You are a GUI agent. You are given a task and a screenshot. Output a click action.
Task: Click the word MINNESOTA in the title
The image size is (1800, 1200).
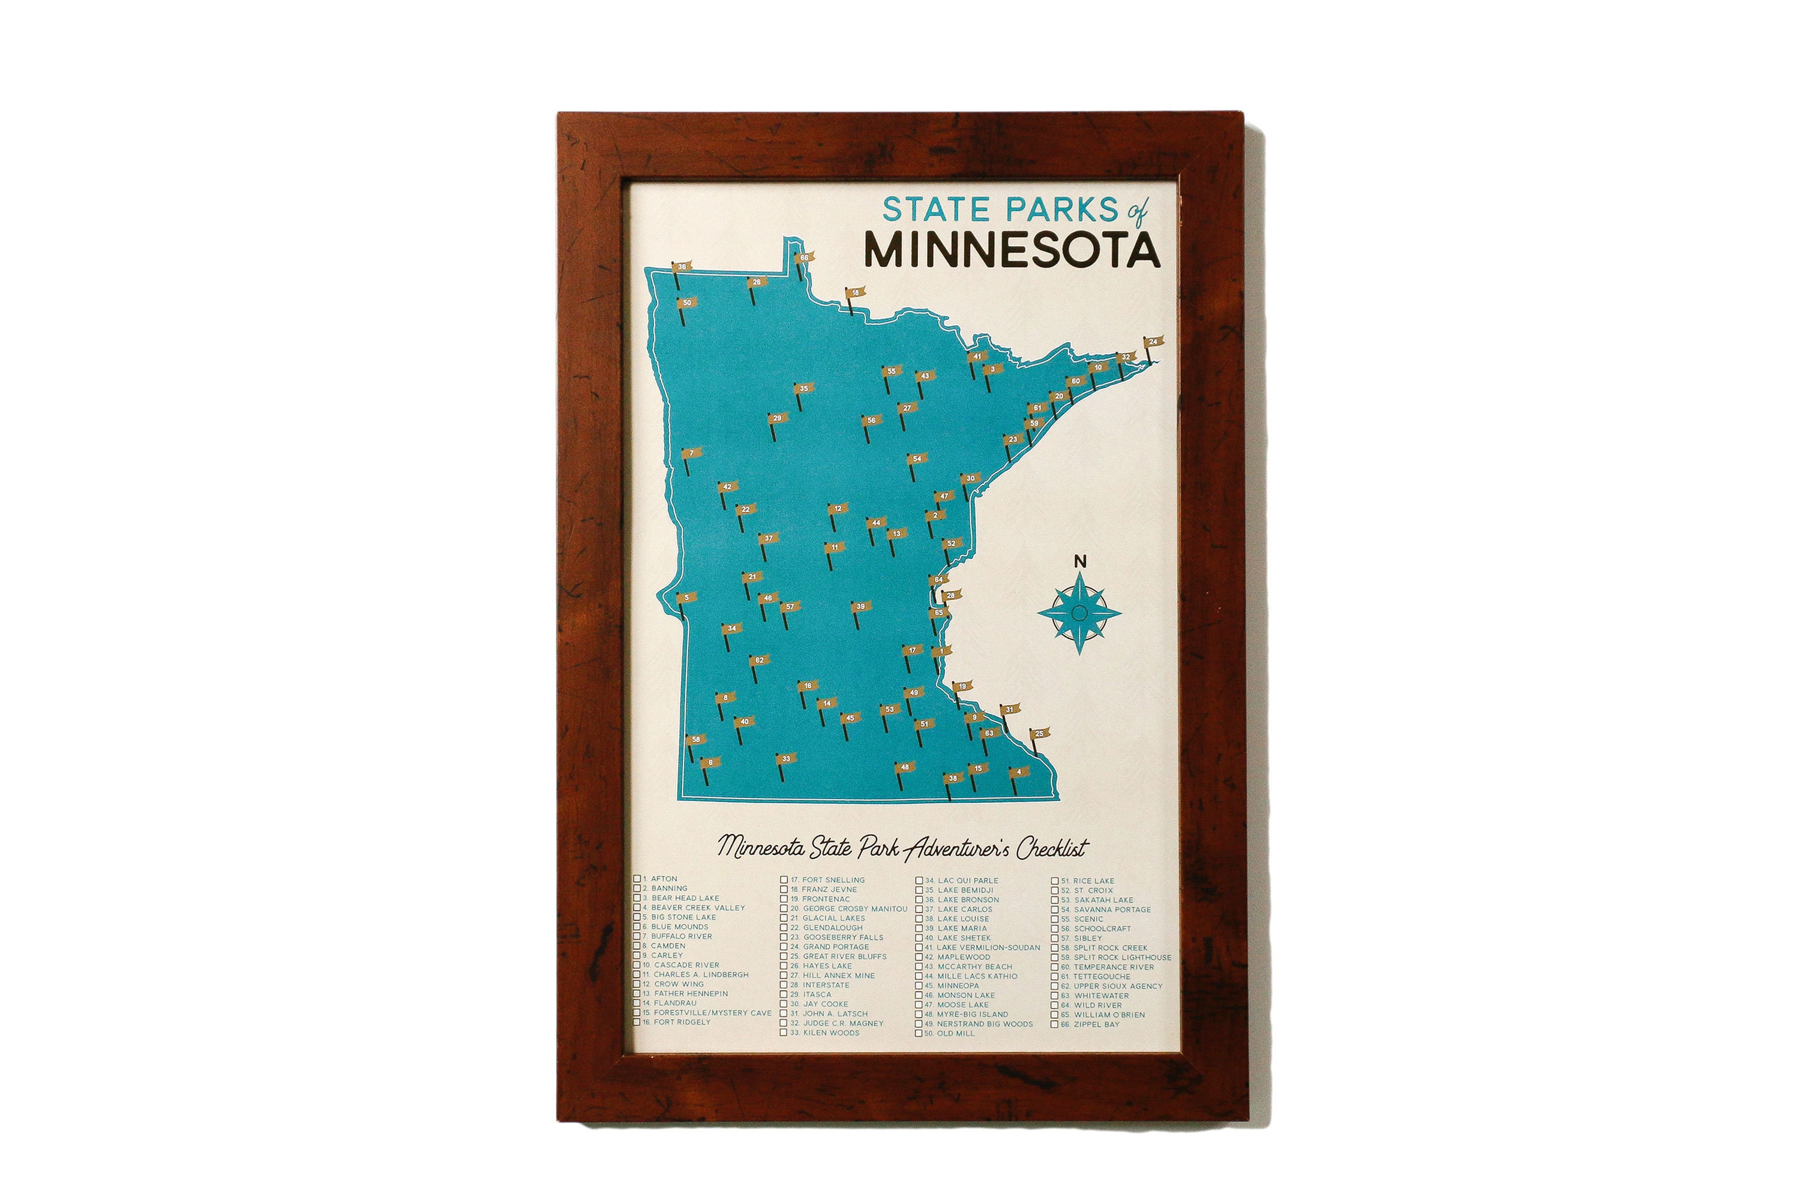tap(1012, 250)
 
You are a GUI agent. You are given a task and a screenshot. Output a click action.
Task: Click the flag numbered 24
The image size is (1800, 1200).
tap(1153, 341)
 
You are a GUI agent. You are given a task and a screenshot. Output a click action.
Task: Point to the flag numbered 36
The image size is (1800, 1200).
tap(681, 267)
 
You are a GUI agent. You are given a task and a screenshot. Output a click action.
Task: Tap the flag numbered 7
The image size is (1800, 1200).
tap(691, 453)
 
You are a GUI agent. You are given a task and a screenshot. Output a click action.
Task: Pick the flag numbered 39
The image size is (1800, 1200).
tap(860, 606)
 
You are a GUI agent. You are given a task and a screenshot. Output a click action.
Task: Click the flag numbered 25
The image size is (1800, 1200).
tap(1039, 734)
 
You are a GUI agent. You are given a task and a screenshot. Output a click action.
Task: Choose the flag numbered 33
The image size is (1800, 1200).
tap(785, 759)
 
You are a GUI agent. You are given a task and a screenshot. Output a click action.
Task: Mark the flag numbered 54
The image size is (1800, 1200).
tap(916, 459)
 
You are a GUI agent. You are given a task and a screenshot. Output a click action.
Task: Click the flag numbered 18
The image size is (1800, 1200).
tap(855, 292)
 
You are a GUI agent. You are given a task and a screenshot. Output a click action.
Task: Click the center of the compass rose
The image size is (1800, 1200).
tap(1079, 612)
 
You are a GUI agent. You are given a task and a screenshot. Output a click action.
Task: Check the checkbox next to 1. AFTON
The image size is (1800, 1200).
tap(637, 878)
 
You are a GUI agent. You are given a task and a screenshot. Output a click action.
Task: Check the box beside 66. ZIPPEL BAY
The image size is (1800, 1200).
tap(1055, 1025)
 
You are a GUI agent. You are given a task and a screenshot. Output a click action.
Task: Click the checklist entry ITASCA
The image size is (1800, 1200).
tap(817, 995)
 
